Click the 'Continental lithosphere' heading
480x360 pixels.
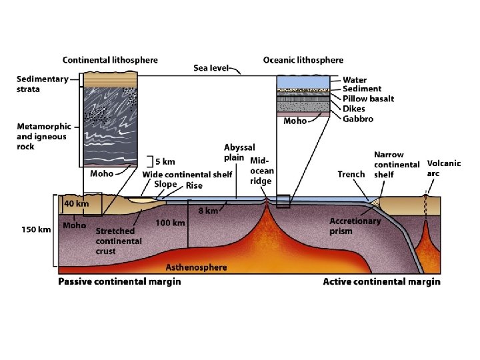110,60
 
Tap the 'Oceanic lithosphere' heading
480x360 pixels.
303,60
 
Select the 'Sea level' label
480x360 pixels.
211,68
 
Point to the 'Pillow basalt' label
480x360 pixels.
368,99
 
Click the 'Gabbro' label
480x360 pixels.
358,119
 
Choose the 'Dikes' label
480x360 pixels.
354,109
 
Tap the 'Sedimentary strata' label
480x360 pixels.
42,84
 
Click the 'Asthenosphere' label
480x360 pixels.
196,267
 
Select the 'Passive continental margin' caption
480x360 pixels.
119,282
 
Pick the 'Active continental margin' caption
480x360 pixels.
381,282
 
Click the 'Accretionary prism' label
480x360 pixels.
355,227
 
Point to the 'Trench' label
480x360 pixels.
351,175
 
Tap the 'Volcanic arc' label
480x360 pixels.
444,168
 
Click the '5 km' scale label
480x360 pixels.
165,161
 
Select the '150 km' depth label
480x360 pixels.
37,230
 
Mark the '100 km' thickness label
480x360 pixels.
170,223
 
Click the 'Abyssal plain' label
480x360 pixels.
239,153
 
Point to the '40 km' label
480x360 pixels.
76,203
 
